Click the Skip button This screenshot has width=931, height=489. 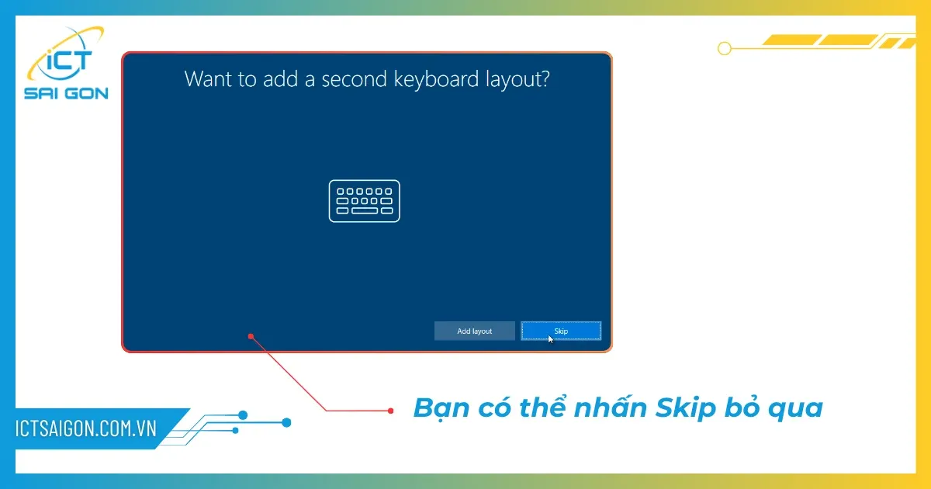pyautogui.click(x=561, y=331)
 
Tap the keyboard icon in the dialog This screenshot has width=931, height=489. pyautogui.click(x=365, y=201)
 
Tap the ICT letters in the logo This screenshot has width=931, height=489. pyautogui.click(x=71, y=60)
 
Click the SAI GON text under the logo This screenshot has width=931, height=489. pyautogui.click(x=66, y=94)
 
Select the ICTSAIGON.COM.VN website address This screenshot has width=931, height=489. pyautogui.click(x=86, y=428)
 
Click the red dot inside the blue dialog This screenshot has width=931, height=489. pyautogui.click(x=251, y=336)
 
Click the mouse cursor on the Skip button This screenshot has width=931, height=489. pyautogui.click(x=551, y=338)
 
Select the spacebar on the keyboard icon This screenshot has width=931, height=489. pyautogui.click(x=365, y=210)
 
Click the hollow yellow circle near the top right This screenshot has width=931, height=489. pyautogui.click(x=725, y=48)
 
